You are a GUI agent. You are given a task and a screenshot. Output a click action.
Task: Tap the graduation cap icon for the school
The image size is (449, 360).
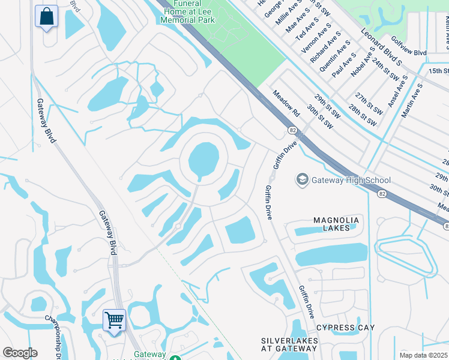303,179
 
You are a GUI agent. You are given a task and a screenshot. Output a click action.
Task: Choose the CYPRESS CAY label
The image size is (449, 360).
345,328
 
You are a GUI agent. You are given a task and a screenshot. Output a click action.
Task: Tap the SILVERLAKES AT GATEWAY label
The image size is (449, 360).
289,344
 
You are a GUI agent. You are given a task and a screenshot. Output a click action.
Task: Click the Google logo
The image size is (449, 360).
20,353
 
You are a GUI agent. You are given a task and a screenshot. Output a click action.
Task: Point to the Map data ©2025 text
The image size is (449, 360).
423,355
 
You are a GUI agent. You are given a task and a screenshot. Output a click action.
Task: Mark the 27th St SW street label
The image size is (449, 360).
368,104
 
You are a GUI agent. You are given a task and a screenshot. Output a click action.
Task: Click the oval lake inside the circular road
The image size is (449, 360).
203,160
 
